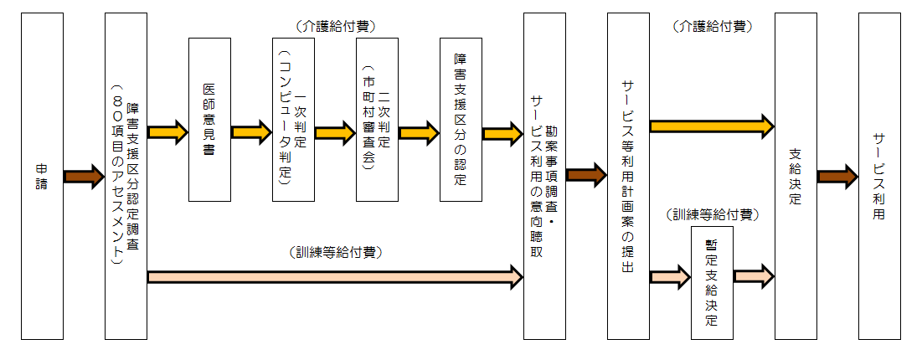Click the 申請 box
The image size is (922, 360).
42,176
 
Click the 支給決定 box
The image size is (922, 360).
796,176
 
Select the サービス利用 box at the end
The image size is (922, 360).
879,176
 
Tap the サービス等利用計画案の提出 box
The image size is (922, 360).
628,176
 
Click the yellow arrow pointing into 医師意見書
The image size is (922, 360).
167,131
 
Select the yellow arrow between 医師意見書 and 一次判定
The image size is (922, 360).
251,131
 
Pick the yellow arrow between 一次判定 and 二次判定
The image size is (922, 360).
335,131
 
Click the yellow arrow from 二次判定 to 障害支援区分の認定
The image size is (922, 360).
419,131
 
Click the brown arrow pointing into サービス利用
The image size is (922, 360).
837,176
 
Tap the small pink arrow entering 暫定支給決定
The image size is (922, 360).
670,275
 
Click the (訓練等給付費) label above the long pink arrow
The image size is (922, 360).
335,250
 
